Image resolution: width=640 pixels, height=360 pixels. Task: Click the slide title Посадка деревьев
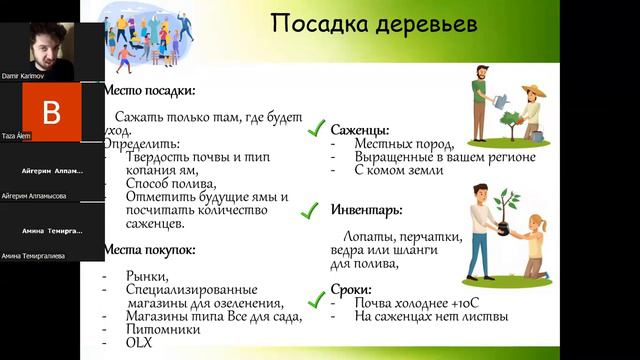(375, 22)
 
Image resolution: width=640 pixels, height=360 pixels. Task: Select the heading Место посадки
(144, 89)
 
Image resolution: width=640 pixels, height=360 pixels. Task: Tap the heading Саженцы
(359, 130)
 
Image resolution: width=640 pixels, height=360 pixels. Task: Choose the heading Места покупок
(149, 249)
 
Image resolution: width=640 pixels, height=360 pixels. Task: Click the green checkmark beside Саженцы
(317, 128)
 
